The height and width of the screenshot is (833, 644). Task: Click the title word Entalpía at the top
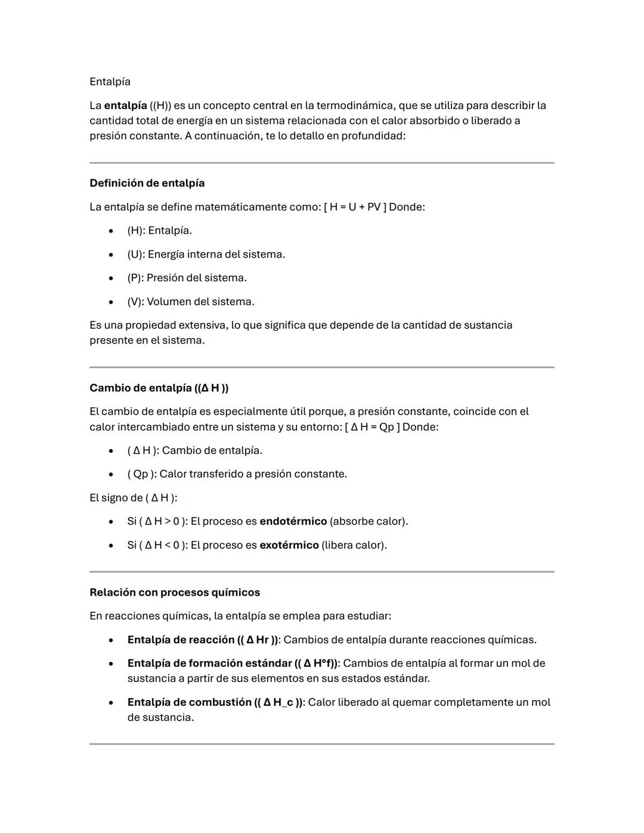[x=110, y=82]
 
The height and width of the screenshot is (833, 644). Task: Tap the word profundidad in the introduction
[x=373, y=136]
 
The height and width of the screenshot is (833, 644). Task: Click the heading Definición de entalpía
[x=147, y=183]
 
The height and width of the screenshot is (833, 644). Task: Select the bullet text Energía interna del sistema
[x=216, y=255]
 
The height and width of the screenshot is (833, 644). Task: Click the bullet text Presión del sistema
[x=196, y=278]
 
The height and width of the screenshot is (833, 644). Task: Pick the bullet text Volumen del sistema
[x=200, y=302]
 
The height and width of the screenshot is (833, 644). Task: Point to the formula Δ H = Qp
[x=373, y=427]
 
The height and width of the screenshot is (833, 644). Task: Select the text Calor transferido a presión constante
[x=253, y=474]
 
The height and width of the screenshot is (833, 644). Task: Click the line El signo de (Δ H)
[x=133, y=498]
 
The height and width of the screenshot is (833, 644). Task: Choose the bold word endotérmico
[x=293, y=521]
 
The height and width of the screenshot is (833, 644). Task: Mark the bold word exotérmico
[x=289, y=545]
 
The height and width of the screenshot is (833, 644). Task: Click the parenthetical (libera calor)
[x=354, y=545]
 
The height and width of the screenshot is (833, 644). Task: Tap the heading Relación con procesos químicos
[x=175, y=593]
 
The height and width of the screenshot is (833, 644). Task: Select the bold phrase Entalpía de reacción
[x=181, y=640]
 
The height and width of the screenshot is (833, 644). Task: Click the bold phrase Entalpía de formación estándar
[x=209, y=664]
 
